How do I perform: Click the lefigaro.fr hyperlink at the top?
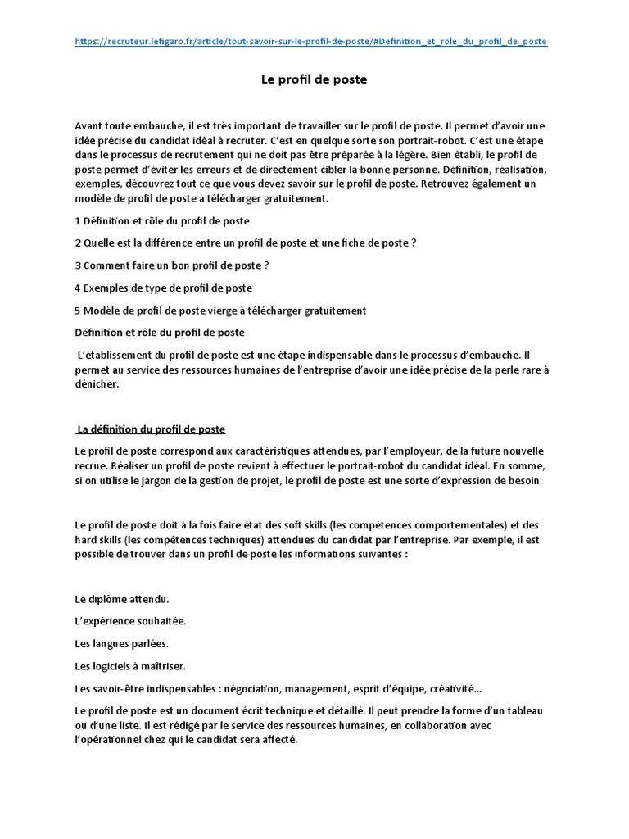coord(310,41)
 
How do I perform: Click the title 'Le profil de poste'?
coord(314,79)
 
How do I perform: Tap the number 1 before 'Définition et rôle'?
coord(77,221)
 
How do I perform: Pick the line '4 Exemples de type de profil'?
coord(163,288)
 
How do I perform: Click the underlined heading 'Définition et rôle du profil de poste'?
coord(160,333)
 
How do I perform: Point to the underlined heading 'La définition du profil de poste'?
coord(150,429)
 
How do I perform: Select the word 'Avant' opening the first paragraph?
coord(89,125)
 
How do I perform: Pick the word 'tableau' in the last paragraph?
coord(526,710)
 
